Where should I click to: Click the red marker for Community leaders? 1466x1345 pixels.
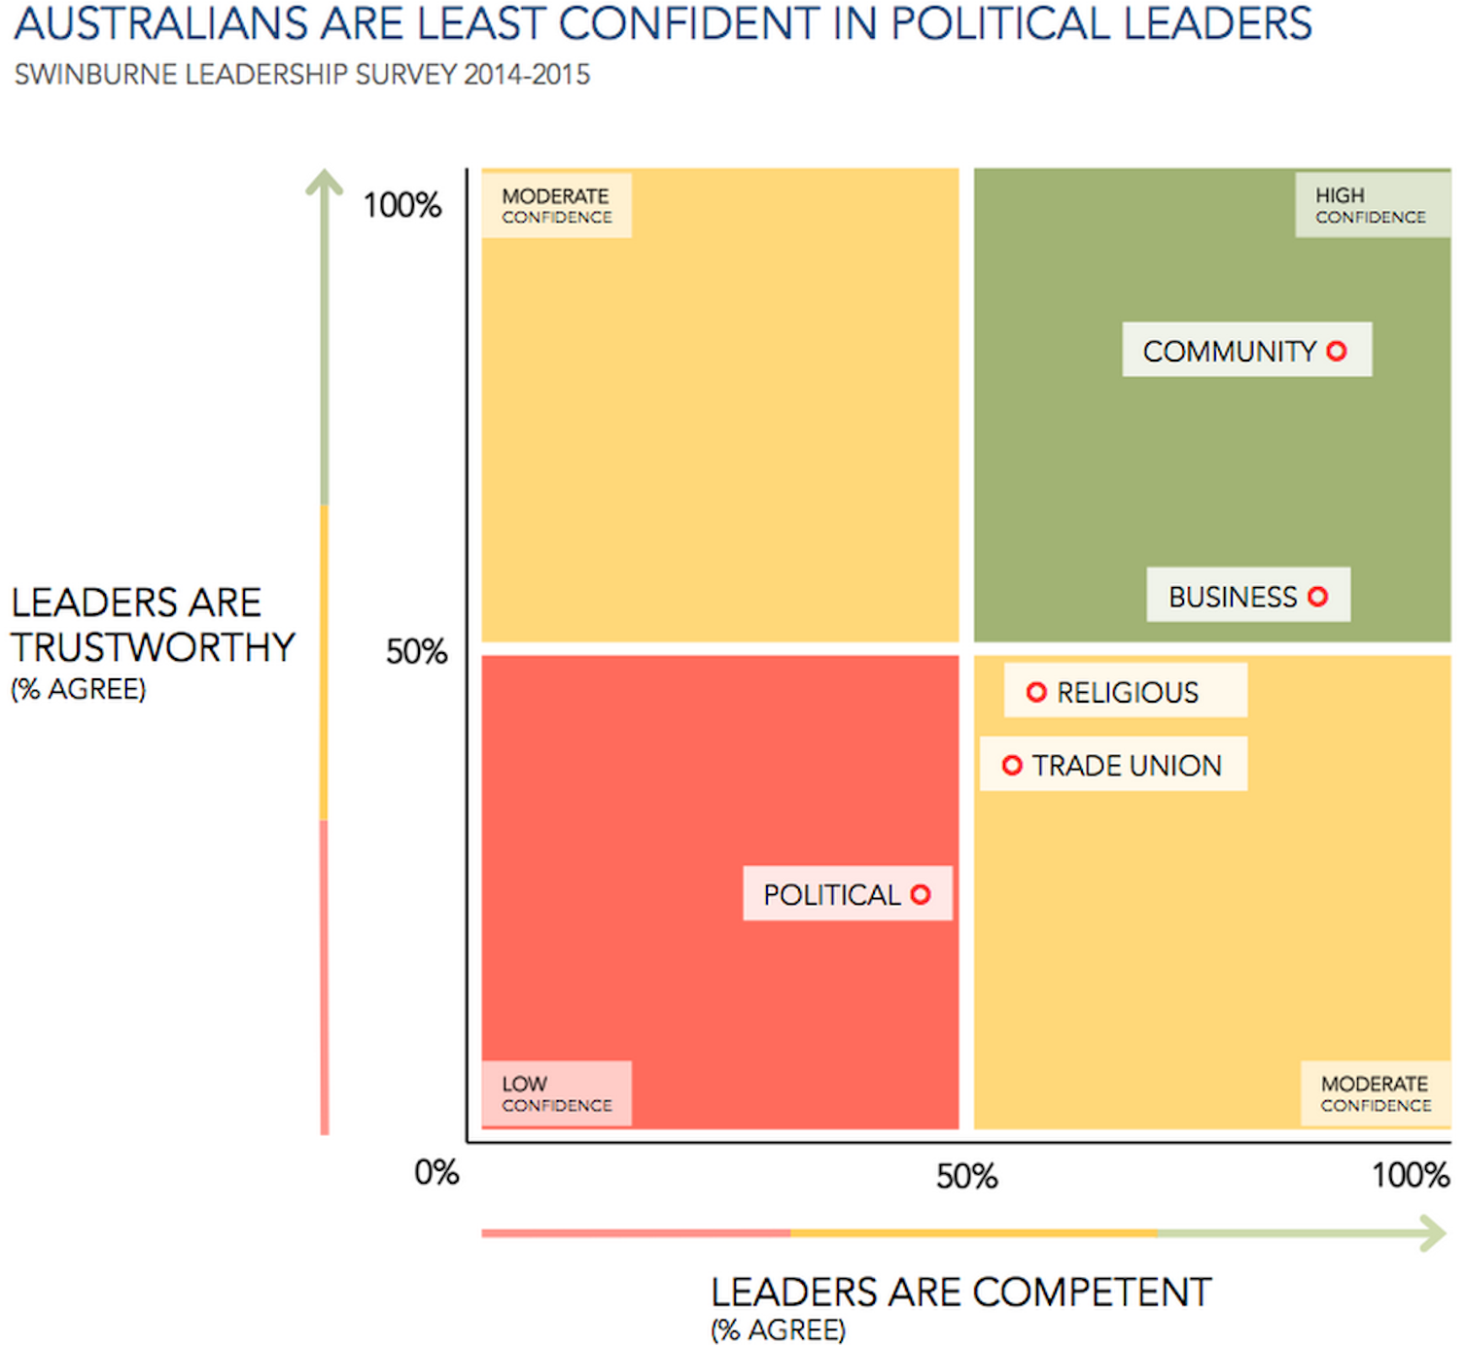1337,351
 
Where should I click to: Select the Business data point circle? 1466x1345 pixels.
1317,597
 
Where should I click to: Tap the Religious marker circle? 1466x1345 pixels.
1036,692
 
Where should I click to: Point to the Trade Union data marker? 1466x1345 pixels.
1012,766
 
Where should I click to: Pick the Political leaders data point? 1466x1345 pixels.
921,894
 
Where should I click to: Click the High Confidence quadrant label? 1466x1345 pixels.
1371,205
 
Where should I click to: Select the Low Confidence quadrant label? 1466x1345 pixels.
556,1094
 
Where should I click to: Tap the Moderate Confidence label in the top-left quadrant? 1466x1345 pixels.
556,205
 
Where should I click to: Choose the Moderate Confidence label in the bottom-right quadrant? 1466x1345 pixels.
1375,1094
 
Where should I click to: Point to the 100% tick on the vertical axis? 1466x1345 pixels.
401,205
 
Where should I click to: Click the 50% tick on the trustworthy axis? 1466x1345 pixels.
416,651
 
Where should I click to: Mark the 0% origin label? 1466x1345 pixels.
436,1172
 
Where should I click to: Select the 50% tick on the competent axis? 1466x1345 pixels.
966,1176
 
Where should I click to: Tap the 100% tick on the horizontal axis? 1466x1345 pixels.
1411,1175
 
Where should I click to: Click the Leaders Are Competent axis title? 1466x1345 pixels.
960,1293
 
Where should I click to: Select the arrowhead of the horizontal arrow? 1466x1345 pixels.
1435,1233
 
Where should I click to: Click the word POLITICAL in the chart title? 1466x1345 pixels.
1000,23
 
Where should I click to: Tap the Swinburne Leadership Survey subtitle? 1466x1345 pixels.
302,75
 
